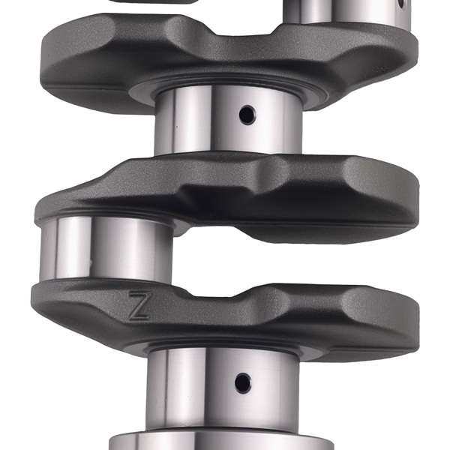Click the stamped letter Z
pyautogui.click(x=139, y=306)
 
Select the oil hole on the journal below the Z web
pyautogui.click(x=241, y=382)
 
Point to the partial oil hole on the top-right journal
pyautogui.click(x=402, y=4)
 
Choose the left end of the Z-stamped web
pyautogui.click(x=52, y=304)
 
